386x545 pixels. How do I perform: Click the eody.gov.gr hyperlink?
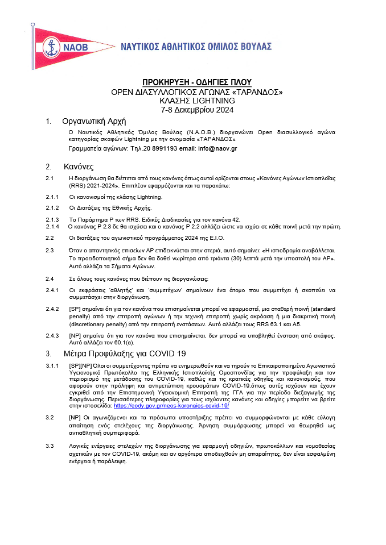tap(171, 406)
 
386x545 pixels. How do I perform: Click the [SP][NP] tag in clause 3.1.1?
tap(82, 364)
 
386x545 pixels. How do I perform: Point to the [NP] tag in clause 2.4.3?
tap(75, 336)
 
